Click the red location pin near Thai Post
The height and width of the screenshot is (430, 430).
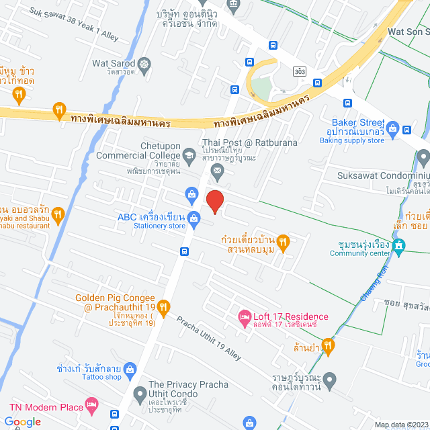click(214, 202)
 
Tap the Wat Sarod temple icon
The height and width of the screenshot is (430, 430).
click(145, 64)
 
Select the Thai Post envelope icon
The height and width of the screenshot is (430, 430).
click(218, 173)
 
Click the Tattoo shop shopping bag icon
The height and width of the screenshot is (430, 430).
click(130, 369)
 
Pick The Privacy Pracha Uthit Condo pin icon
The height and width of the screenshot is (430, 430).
click(139, 393)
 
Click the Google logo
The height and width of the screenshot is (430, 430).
click(23, 422)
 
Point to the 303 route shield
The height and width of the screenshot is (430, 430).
click(300, 70)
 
